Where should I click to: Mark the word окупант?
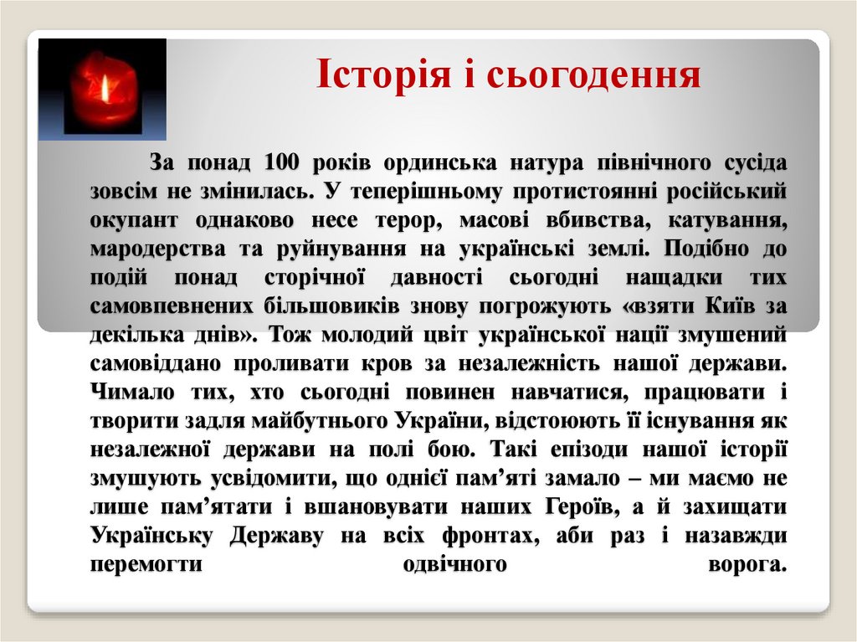[135, 220]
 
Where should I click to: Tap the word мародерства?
[157, 249]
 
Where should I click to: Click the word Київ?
[724, 306]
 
